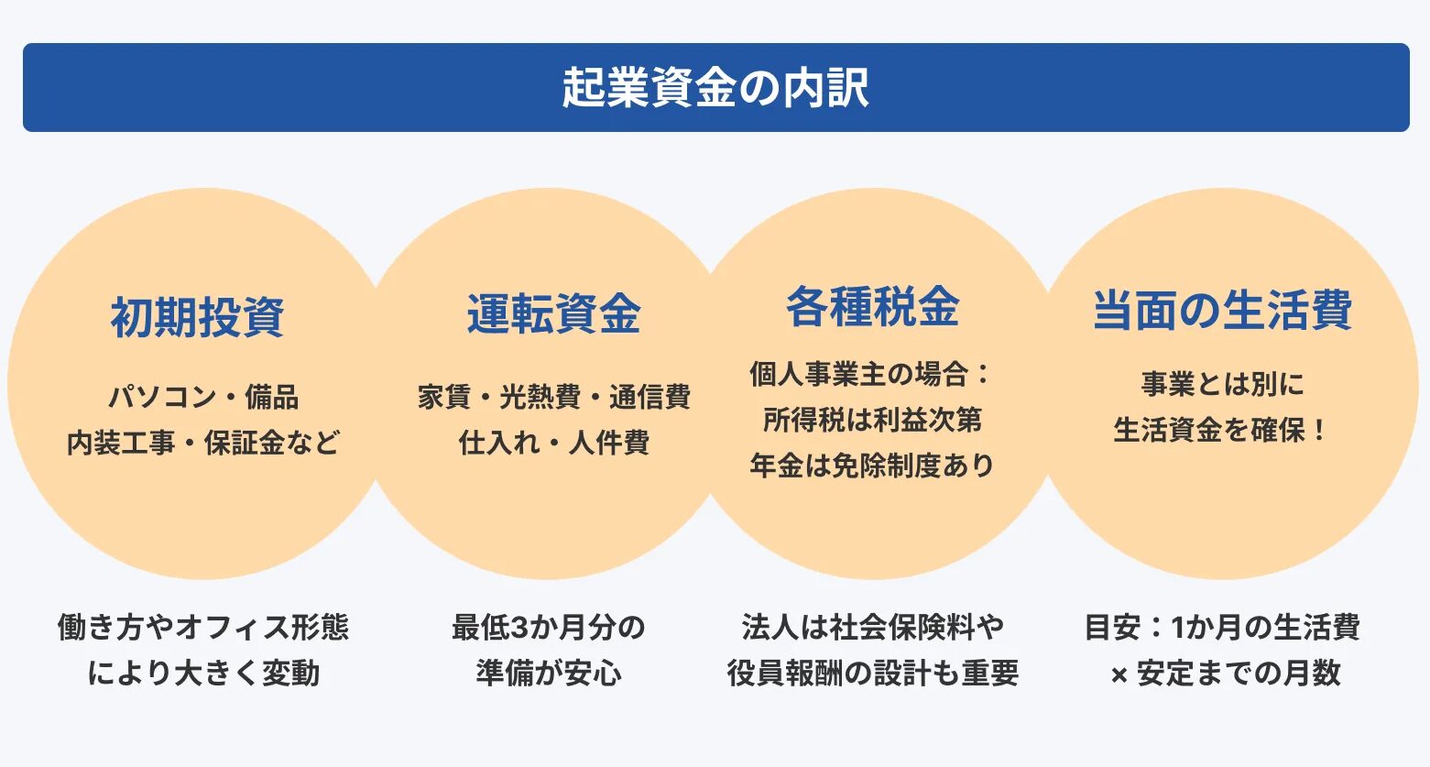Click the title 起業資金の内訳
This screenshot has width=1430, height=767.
(x=715, y=87)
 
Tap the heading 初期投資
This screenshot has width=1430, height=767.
(x=197, y=317)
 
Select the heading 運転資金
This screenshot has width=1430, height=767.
(x=553, y=313)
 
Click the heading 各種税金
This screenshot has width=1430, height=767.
(x=872, y=307)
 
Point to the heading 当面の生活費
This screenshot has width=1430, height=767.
(x=1223, y=311)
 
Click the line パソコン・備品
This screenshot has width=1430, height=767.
(x=203, y=397)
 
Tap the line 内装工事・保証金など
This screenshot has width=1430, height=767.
(x=203, y=443)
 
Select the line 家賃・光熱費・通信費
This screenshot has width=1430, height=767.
(x=554, y=397)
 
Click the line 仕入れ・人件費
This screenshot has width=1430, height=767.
(x=554, y=443)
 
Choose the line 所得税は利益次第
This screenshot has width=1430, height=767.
(x=872, y=420)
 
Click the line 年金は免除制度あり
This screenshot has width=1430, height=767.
(x=872, y=466)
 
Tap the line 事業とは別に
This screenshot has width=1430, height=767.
(x=1223, y=385)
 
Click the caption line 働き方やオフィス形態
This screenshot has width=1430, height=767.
(x=203, y=627)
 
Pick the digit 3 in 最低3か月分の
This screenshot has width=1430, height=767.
(x=519, y=628)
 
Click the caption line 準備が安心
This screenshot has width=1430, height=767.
(x=549, y=674)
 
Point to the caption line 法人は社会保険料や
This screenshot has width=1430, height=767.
(x=873, y=627)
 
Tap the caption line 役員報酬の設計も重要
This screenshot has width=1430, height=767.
(x=873, y=674)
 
